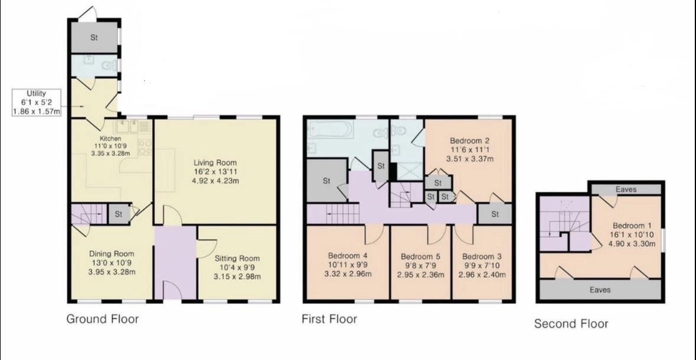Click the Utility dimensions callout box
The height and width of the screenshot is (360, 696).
click(37, 103)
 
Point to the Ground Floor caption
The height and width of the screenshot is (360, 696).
click(103, 319)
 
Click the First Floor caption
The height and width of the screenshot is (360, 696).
click(329, 319)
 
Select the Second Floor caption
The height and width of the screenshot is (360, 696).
click(571, 323)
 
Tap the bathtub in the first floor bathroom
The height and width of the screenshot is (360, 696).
click(330, 129)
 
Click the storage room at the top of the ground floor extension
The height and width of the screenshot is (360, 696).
click(94, 37)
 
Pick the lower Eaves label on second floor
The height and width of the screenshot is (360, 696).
click(600, 290)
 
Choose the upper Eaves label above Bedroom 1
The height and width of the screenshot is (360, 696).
click(626, 189)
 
